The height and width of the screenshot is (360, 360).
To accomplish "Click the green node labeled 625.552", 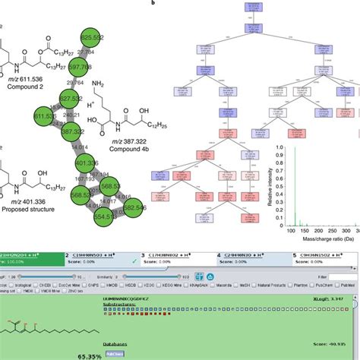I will click(x=91, y=37).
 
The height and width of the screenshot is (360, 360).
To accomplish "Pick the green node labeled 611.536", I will click(x=46, y=115).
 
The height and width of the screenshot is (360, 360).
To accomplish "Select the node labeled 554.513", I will click(x=105, y=216).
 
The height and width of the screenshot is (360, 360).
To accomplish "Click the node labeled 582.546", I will click(x=134, y=207).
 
